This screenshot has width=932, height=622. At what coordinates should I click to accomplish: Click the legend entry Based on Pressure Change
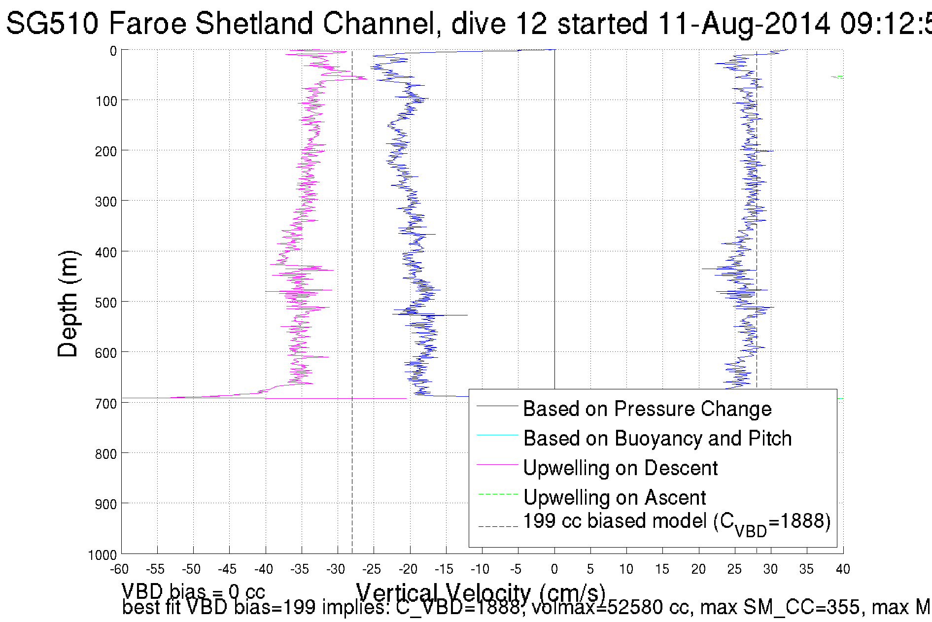647,409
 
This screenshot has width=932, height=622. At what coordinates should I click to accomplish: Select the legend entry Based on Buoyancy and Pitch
657,439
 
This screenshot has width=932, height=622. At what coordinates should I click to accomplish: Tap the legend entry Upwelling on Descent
620,468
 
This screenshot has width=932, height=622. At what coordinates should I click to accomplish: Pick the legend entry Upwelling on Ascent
614,498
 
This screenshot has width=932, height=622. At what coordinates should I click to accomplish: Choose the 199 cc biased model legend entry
676,522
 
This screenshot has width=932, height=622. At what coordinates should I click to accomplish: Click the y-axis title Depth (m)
68,304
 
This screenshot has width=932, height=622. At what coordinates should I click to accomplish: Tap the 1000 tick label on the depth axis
103,555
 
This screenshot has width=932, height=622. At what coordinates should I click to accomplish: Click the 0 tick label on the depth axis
113,51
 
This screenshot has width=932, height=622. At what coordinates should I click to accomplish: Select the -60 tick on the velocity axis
119,569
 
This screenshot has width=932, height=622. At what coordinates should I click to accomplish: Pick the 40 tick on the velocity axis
843,569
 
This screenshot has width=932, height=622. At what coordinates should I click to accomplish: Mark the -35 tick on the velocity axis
300,569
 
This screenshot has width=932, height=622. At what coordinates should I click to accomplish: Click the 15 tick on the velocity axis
662,569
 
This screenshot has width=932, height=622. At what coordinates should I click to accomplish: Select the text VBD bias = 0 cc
193,591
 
